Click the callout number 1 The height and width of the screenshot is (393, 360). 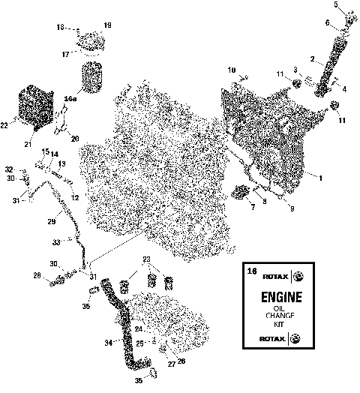pyautogui.click(x=322, y=178)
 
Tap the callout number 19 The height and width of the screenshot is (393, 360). pyautogui.click(x=107, y=25)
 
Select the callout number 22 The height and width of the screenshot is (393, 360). pyautogui.click(x=4, y=126)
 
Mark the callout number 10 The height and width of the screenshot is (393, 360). pyautogui.click(x=232, y=69)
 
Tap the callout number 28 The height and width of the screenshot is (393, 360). pyautogui.click(x=36, y=277)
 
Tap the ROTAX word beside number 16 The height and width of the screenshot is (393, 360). pyautogui.click(x=275, y=275)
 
